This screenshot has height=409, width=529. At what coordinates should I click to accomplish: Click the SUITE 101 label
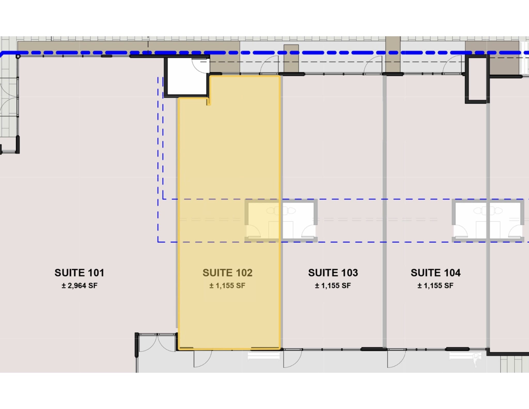click(x=79, y=273)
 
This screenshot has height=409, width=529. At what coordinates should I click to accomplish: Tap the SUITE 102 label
click(x=228, y=273)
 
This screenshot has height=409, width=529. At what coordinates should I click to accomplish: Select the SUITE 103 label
click(x=333, y=273)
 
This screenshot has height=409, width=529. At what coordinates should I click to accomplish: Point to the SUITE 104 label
click(x=435, y=273)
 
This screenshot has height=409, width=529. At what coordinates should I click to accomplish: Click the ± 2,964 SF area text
click(x=79, y=286)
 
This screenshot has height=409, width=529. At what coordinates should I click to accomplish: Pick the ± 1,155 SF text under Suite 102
click(x=227, y=286)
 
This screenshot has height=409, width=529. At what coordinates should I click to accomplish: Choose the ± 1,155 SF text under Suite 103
click(x=333, y=286)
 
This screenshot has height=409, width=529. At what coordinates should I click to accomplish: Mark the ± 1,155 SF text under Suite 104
click(x=435, y=286)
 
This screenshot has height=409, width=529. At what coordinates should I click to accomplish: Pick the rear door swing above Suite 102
click(x=269, y=66)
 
